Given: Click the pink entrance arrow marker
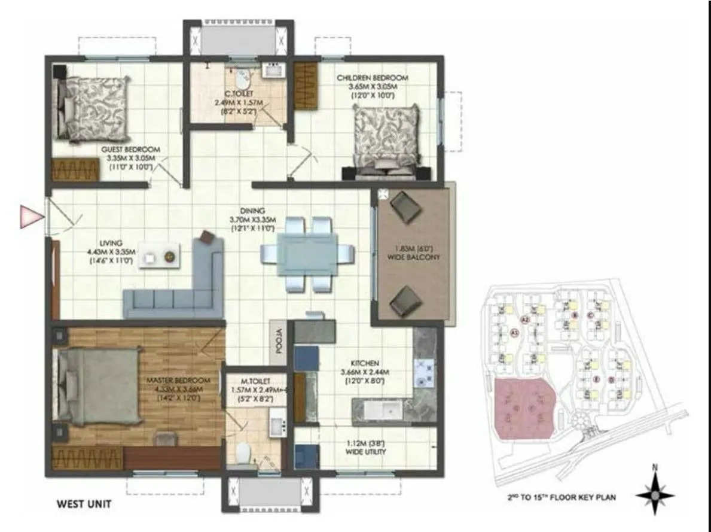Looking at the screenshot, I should tap(29, 216).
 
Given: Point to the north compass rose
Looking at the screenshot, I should tap(655, 495).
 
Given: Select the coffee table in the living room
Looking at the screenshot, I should tap(160, 257).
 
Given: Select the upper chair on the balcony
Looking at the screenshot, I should tap(407, 206).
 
